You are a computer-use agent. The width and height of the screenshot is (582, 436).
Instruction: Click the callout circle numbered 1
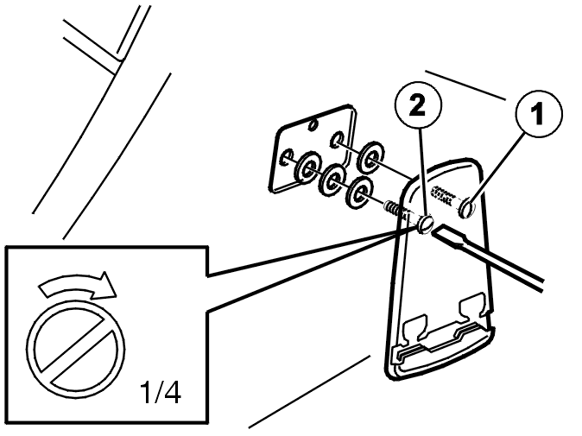click(x=539, y=114)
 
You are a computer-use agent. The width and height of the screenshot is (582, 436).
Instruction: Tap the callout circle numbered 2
click(x=418, y=105)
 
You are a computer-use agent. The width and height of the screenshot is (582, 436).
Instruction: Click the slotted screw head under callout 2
click(x=426, y=224)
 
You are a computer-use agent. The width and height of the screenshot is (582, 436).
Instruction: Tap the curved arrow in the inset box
click(x=78, y=285)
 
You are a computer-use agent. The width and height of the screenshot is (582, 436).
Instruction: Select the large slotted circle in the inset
click(x=76, y=349)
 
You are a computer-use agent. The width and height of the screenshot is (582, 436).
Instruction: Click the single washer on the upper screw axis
click(x=370, y=157)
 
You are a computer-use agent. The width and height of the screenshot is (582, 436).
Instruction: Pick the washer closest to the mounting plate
click(x=307, y=168)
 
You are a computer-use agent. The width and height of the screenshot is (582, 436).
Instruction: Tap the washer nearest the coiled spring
click(x=358, y=192)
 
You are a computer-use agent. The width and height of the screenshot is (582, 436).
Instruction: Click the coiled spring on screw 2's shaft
click(x=394, y=210)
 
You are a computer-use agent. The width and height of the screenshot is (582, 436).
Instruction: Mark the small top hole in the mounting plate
click(x=313, y=124)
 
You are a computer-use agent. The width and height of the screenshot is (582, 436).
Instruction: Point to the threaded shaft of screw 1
click(x=446, y=197)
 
